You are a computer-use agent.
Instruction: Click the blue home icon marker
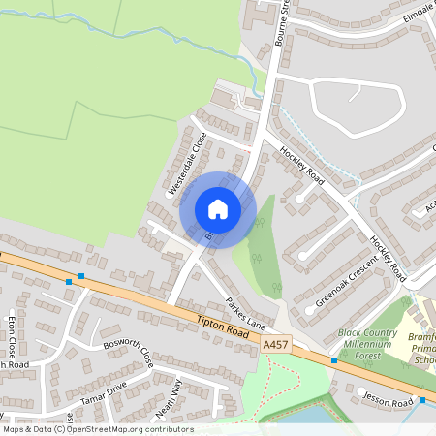(x=218, y=208)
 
